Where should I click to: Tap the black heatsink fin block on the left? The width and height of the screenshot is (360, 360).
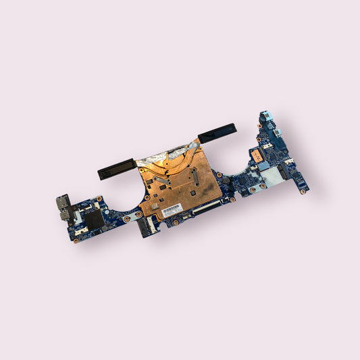coord(117,169)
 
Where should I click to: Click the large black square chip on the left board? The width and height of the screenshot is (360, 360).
coord(94,217)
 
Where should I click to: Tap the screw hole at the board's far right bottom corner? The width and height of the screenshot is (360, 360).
coord(303,191)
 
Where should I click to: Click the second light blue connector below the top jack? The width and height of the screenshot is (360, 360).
coord(276,132)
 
